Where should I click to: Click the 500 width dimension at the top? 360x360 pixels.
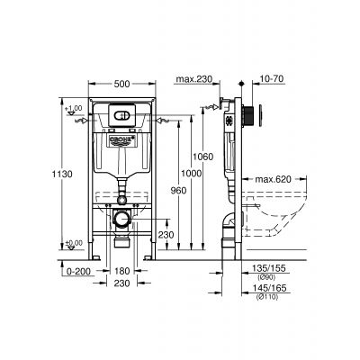(125, 84)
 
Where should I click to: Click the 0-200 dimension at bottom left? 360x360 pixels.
(79, 270)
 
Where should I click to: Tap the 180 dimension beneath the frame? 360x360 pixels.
(124, 270)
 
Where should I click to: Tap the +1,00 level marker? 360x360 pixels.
(75, 110)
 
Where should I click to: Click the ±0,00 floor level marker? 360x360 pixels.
(75, 241)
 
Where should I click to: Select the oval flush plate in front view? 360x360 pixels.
(125, 116)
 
